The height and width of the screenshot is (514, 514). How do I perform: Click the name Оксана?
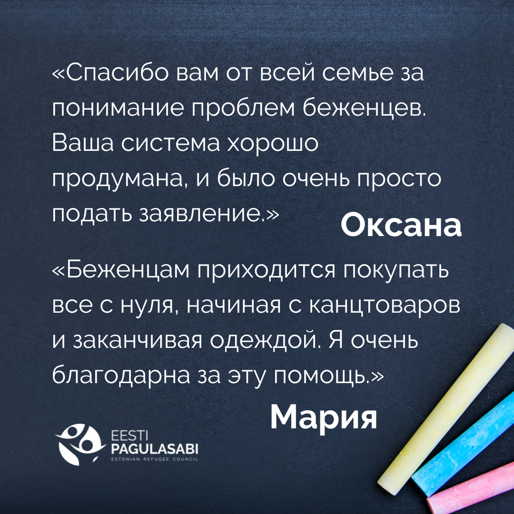[x=401, y=226]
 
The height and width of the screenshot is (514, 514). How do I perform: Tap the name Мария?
[x=323, y=417]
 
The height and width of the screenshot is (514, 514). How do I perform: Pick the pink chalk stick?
[x=471, y=490]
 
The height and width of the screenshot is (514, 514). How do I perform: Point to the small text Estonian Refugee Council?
[x=154, y=460]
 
